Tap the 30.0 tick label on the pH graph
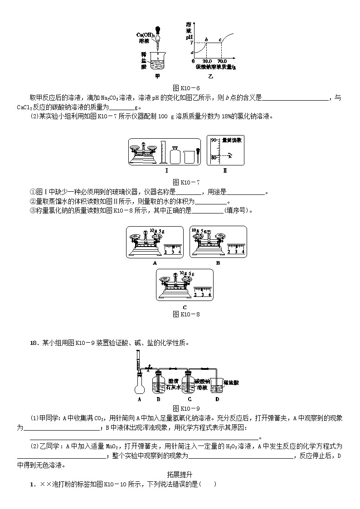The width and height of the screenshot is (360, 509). tap(207, 61)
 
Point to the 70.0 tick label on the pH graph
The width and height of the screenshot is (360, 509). tap(222, 61)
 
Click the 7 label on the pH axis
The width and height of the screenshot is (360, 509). tap(191, 43)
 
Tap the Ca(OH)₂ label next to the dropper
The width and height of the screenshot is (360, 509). tap(146, 35)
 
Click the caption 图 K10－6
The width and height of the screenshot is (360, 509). tap(186, 88)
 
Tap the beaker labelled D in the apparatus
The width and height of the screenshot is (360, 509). tap(217, 386)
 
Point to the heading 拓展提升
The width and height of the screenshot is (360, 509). tap(180, 475)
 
